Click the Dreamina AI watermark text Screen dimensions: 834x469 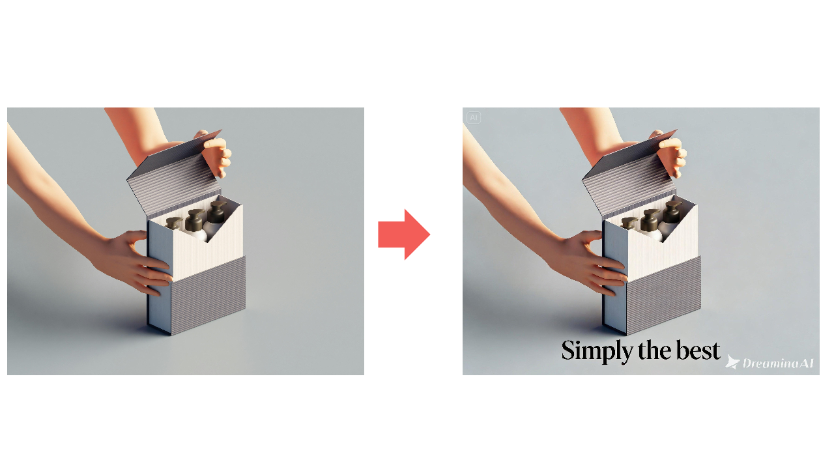(x=779, y=363)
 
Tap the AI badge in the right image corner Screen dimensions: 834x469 (x=474, y=118)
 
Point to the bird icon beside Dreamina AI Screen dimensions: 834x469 (x=732, y=362)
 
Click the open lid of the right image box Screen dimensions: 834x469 (x=630, y=175)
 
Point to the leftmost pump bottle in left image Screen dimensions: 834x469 (x=173, y=223)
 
